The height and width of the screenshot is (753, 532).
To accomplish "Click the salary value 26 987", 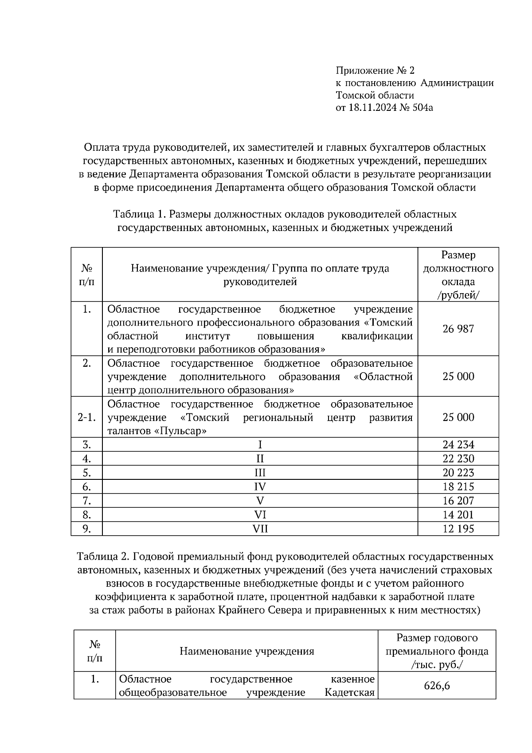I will pyautogui.click(x=458, y=329).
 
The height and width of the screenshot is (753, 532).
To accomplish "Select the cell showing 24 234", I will pyautogui.click(x=458, y=444).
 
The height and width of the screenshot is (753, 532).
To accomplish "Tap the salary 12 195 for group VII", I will pyautogui.click(x=458, y=529).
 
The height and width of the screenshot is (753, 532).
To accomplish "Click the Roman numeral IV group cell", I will pyautogui.click(x=260, y=486).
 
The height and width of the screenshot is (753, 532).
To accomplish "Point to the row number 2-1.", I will pyautogui.click(x=86, y=417).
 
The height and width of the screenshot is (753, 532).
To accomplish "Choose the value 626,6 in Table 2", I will pyautogui.click(x=436, y=686).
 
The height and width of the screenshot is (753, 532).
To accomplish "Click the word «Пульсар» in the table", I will pyautogui.click(x=180, y=431).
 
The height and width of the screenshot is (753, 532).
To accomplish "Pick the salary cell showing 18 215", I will pyautogui.click(x=458, y=486).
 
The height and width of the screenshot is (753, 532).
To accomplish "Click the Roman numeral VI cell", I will pyautogui.click(x=260, y=514).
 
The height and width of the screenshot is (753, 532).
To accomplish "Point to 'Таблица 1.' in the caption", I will pyautogui.click(x=139, y=214).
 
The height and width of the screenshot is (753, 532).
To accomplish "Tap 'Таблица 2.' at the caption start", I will pyautogui.click(x=103, y=556).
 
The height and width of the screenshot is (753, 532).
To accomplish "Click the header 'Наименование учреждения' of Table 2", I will pyautogui.click(x=246, y=651).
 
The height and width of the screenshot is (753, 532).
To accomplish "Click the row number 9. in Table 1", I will pyautogui.click(x=86, y=529).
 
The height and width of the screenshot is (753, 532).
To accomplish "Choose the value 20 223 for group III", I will pyautogui.click(x=458, y=472).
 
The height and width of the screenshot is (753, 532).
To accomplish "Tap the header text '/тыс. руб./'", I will pyautogui.click(x=437, y=665).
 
